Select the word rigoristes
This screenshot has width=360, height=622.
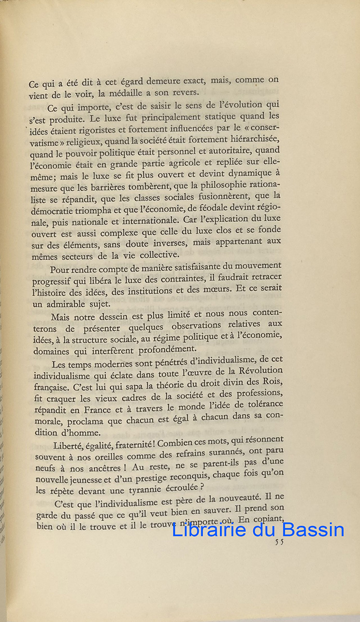107,130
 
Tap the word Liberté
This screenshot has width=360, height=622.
69,444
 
